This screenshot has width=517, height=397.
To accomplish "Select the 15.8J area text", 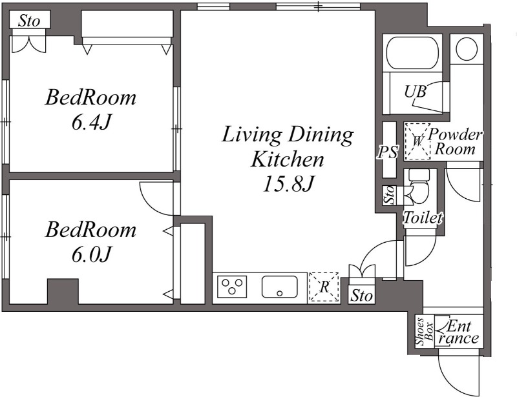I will pyautogui.click(x=288, y=184).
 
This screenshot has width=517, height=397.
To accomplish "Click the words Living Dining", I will pyautogui.click(x=288, y=135).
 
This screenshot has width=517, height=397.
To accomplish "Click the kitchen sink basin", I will pyautogui.click(x=279, y=286).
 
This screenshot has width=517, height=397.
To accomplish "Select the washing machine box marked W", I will pyautogui.click(x=417, y=141).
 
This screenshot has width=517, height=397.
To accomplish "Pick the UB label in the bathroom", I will pyautogui.click(x=415, y=92).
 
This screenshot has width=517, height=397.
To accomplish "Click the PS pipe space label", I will pyautogui.click(x=388, y=152).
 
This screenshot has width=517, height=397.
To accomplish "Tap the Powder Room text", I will pyautogui.click(x=456, y=142).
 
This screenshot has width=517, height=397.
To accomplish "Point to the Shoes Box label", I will pyautogui.click(x=424, y=331).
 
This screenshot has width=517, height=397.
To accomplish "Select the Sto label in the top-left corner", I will pyautogui.click(x=29, y=21).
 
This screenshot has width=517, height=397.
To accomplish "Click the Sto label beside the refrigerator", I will pyautogui.click(x=362, y=296).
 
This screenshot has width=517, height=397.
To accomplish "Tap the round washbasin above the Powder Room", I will pyautogui.click(x=467, y=48).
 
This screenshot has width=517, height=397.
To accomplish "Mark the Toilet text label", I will pyautogui.click(x=422, y=218).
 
